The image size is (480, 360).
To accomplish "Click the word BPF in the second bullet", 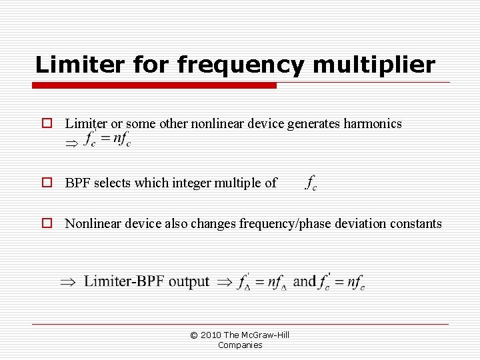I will [78, 183].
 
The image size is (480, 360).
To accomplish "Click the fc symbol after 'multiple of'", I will [311, 183].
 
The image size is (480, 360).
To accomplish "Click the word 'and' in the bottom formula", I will [304, 281].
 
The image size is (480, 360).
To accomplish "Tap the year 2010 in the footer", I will [210, 335].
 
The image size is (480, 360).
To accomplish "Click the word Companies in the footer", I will [240, 345].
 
